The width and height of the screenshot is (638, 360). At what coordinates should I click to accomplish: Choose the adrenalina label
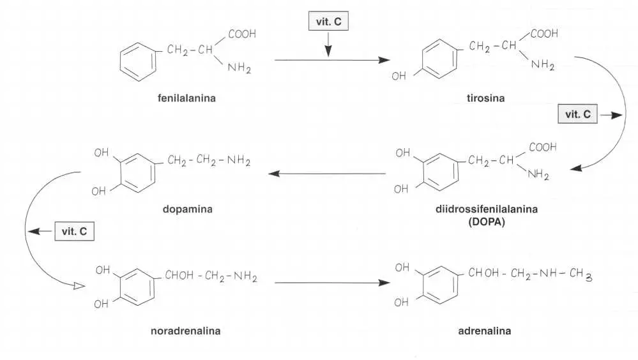[x=485, y=331]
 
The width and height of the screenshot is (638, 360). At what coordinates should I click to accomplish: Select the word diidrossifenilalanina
[x=486, y=209]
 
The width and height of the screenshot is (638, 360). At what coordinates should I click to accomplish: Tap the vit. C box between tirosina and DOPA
[x=577, y=116]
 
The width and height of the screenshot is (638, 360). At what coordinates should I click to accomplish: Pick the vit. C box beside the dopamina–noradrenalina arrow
[x=74, y=231]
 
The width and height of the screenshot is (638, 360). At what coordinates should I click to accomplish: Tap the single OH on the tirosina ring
[x=399, y=77]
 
